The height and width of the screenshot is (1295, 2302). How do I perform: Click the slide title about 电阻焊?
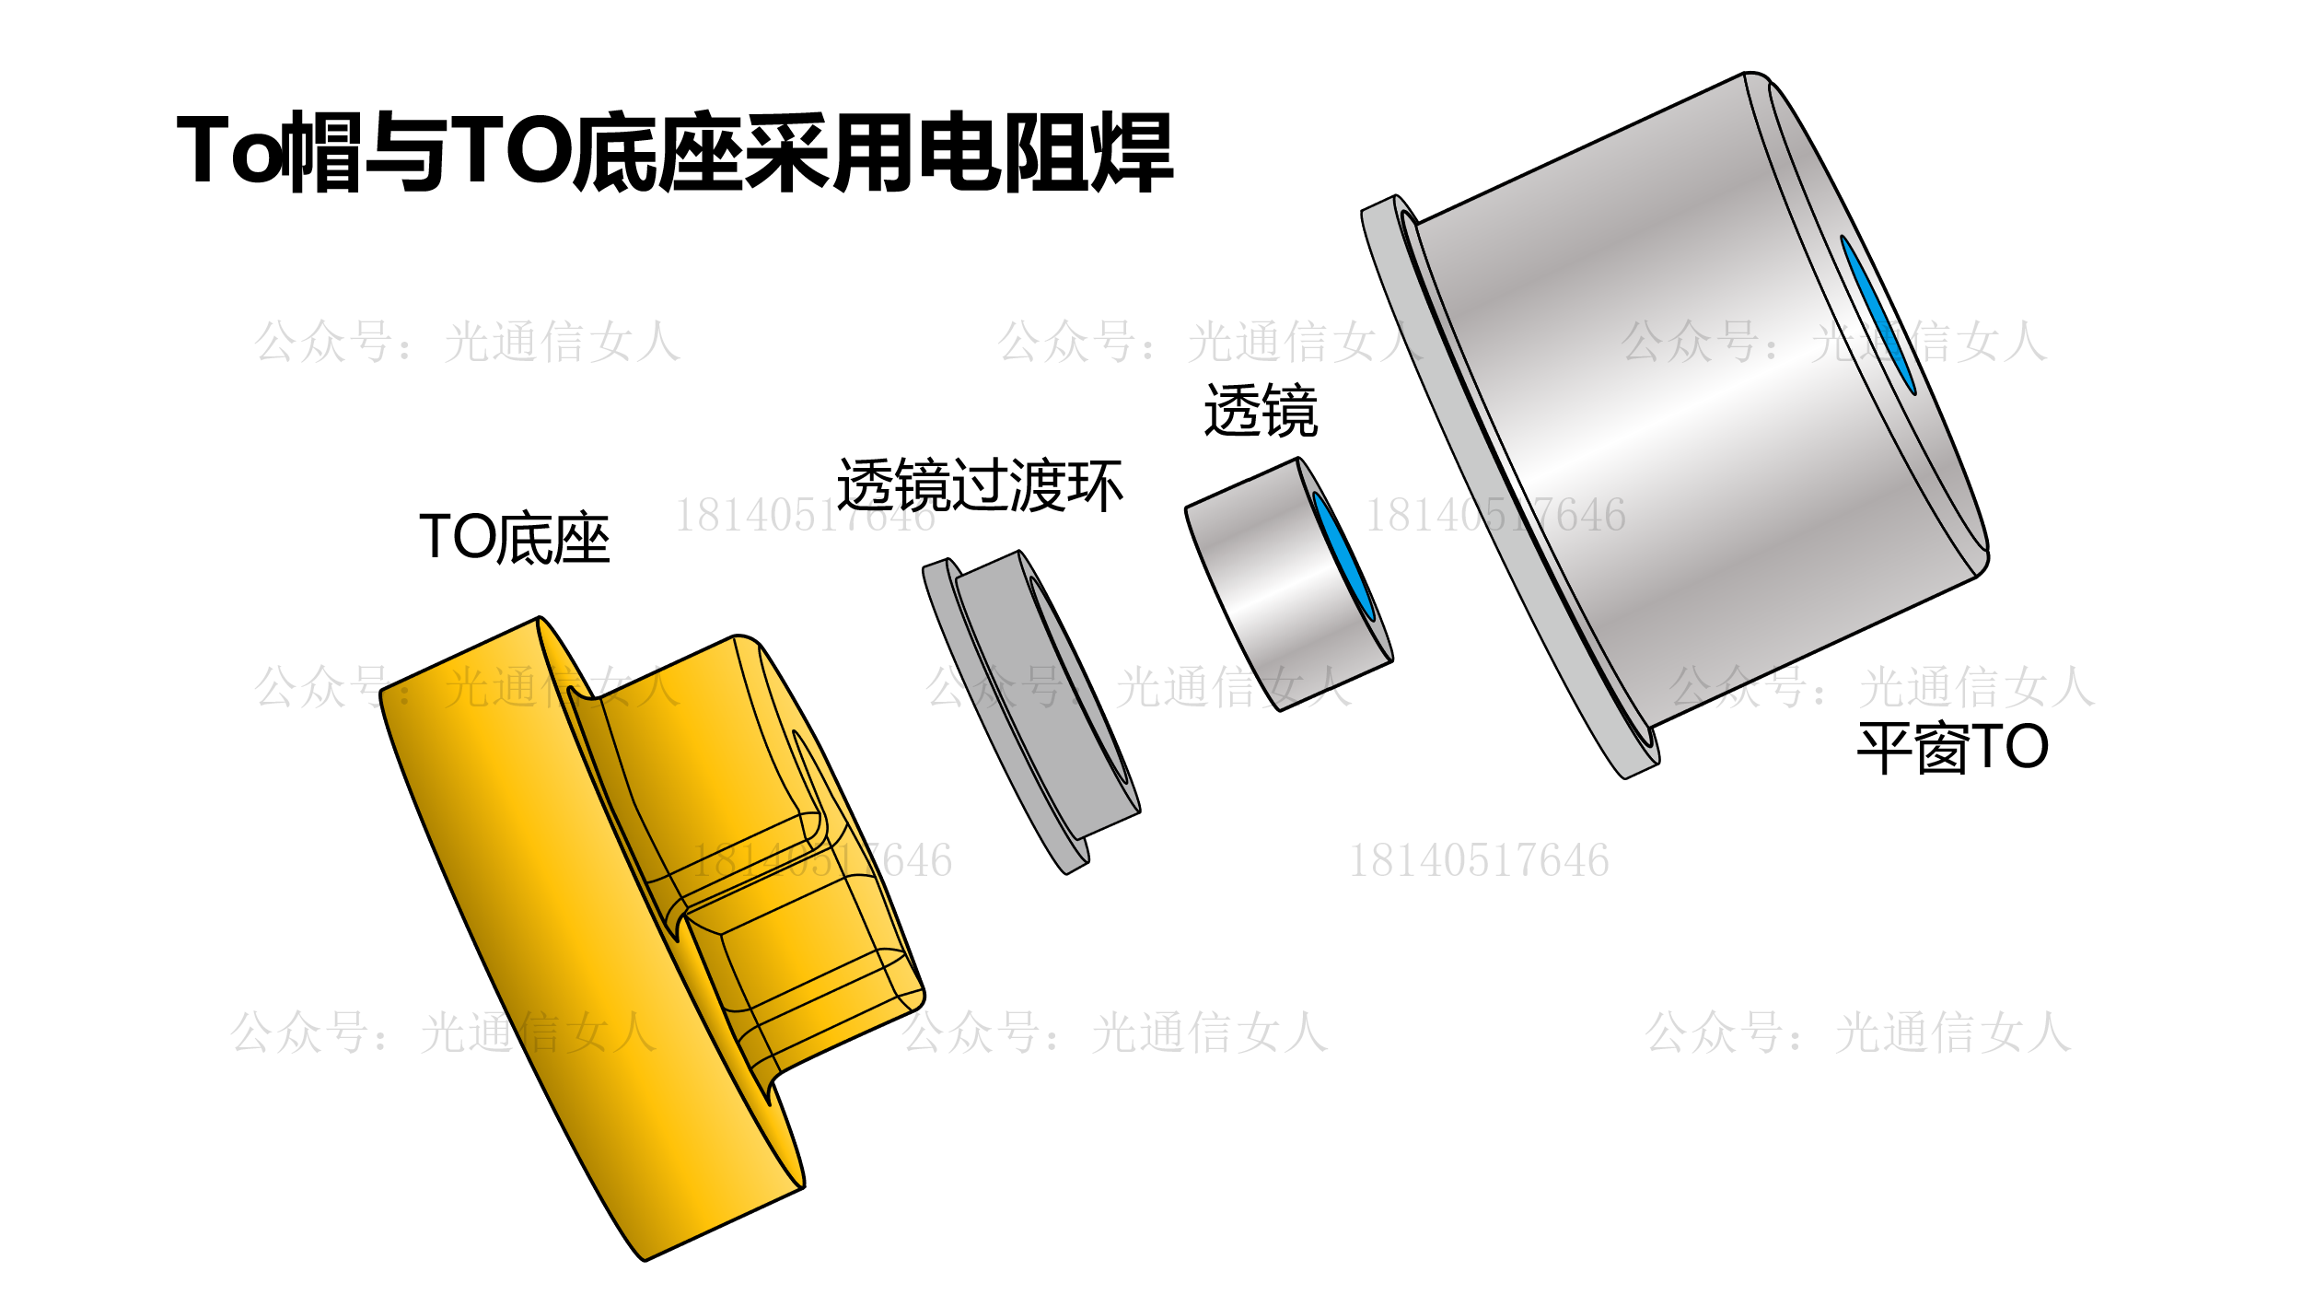tap(675, 153)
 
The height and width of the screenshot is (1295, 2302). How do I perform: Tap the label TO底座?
tap(514, 538)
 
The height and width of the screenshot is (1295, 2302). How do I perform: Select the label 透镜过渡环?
tap(980, 484)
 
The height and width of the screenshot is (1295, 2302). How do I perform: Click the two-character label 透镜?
tap(1261, 411)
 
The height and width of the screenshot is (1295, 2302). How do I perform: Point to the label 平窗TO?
tap(1953, 747)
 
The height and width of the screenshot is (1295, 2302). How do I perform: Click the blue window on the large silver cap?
tap(1878, 315)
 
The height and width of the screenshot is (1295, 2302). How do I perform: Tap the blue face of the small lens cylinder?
tap(1344, 556)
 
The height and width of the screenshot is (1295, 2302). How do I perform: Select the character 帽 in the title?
tap(322, 153)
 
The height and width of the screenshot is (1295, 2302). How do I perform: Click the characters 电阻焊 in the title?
tap(1046, 153)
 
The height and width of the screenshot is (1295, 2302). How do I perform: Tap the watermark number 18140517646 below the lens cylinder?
tap(1479, 860)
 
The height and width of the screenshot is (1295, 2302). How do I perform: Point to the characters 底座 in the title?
tap(657, 153)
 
